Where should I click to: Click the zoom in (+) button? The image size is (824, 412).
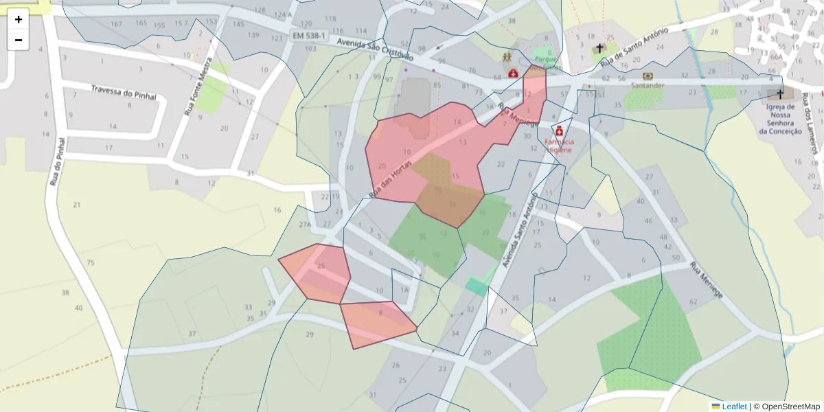pyautogui.click(x=19, y=19)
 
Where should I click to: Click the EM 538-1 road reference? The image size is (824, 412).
pyautogui.click(x=308, y=35)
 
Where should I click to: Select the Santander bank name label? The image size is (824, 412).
pyautogui.click(x=648, y=86)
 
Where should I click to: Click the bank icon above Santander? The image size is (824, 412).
pyautogui.click(x=648, y=76)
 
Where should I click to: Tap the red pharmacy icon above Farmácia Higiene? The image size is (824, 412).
pyautogui.click(x=559, y=130)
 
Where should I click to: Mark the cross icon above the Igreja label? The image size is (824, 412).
pyautogui.click(x=779, y=93)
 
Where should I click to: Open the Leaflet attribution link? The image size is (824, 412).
pyautogui.click(x=733, y=407)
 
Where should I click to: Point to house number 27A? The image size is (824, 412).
pyautogui.click(x=305, y=225)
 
